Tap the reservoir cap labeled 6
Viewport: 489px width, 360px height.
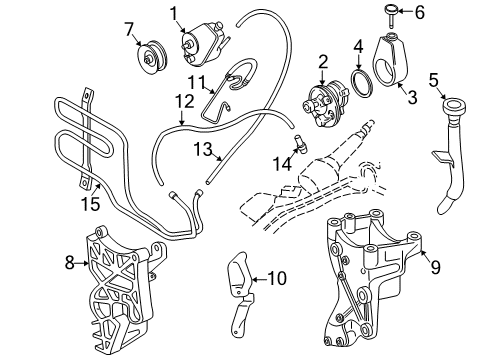coord(387,13)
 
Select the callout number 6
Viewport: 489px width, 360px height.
coord(419,13)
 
